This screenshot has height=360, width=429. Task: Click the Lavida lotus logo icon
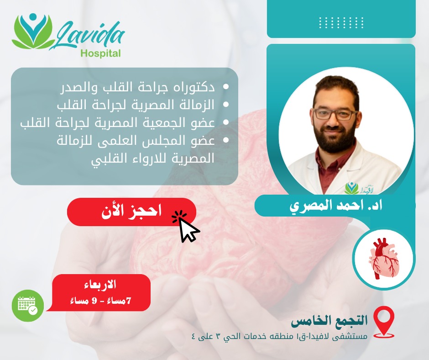coord(33,31)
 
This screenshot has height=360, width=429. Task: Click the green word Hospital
coord(101,53)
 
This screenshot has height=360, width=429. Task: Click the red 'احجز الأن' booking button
coord(131,212)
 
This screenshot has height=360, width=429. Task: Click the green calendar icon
coord(28,306)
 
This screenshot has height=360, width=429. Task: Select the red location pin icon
coord(384,322)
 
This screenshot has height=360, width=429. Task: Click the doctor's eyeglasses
coord(335,114)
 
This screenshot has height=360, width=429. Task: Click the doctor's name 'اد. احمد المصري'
coord(336,206)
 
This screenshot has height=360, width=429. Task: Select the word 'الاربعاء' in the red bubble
coord(100,285)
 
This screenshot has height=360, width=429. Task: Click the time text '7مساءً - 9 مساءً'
coord(100,301)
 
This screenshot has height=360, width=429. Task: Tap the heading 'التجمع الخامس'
coord(329,321)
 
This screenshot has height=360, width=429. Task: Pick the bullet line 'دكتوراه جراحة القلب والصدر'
coord(137,87)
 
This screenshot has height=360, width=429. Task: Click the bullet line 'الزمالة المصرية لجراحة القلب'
coord(136,105)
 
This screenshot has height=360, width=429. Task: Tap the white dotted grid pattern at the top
coord(341,22)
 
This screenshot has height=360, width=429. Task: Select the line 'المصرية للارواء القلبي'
coord(153,159)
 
